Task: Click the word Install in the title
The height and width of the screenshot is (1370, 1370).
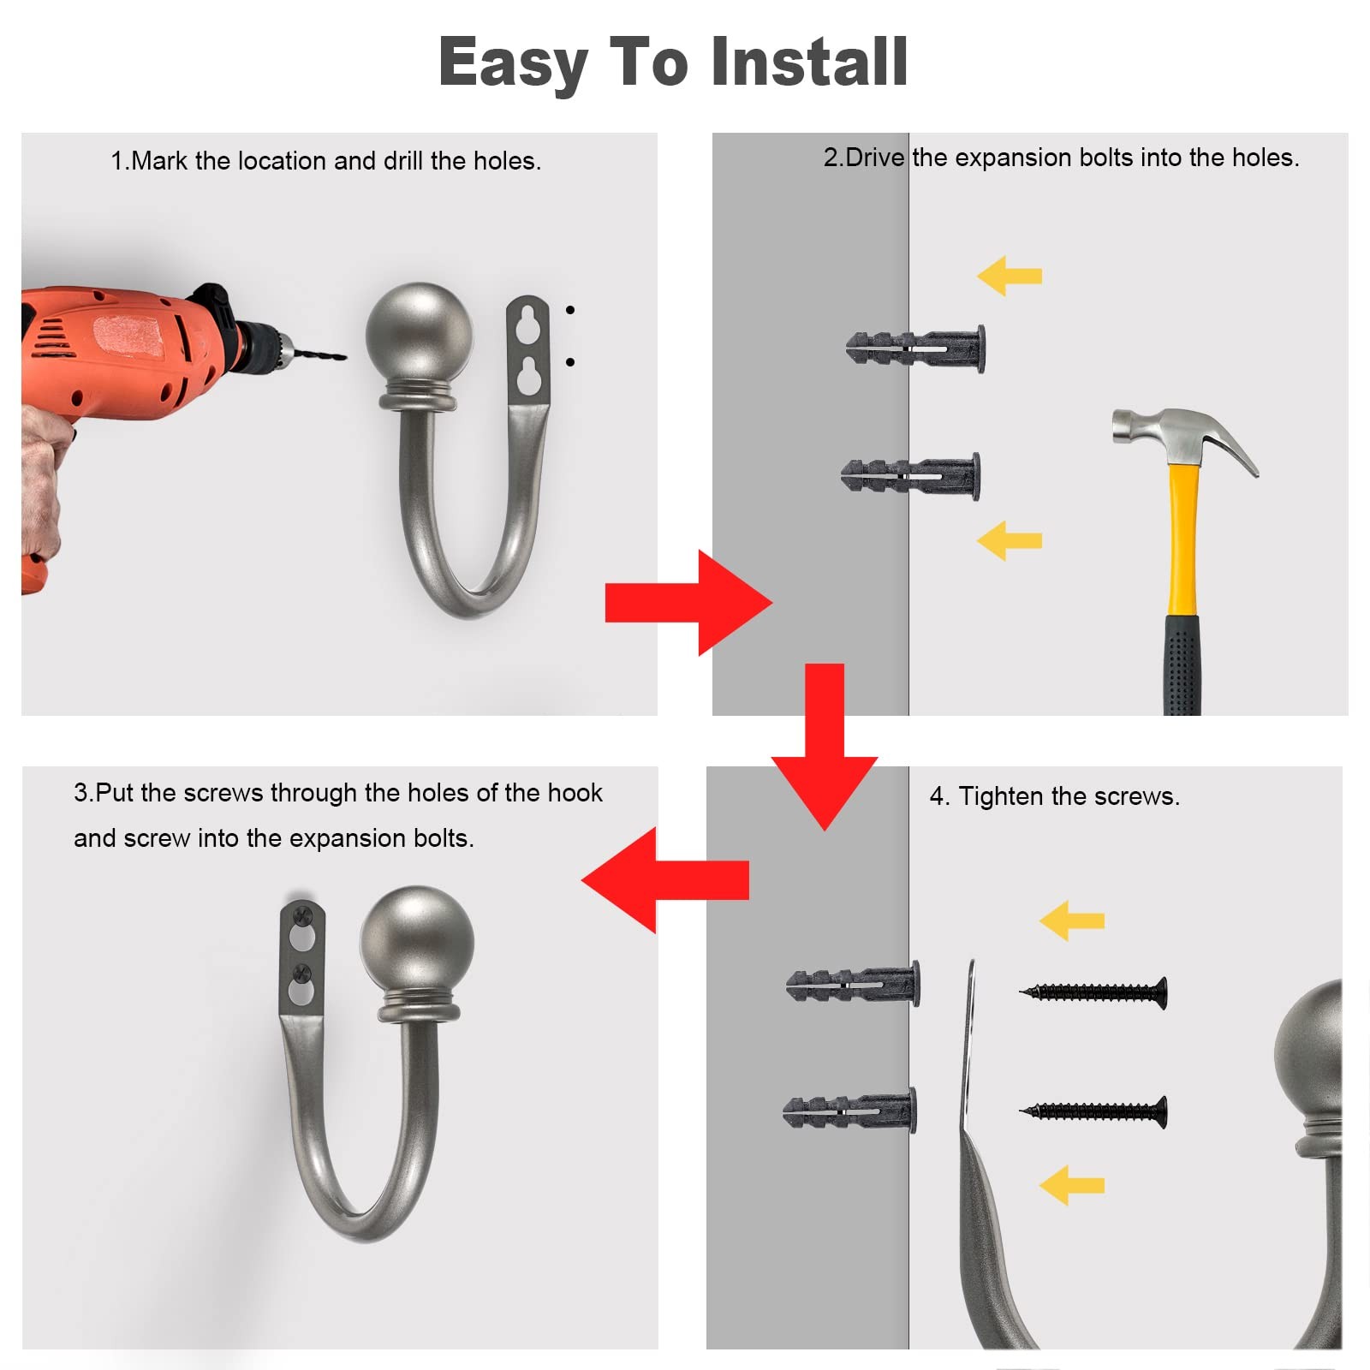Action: tap(809, 62)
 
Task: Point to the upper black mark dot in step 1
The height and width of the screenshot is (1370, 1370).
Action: tap(570, 310)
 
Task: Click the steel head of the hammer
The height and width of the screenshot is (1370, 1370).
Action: tap(1184, 435)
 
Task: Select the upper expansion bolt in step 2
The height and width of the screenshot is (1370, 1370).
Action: tap(915, 348)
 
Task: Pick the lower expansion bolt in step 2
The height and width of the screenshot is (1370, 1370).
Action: tap(910, 476)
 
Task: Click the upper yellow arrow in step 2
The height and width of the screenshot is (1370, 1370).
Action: tap(1010, 276)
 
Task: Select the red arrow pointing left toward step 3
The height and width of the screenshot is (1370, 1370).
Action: tap(665, 879)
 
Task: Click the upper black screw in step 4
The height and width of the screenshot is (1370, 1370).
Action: tap(1093, 993)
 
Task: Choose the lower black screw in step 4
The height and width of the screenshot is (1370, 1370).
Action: tap(1093, 1111)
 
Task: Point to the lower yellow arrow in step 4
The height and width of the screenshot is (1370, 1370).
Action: tap(1072, 1185)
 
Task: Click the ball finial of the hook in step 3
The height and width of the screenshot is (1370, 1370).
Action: tap(417, 940)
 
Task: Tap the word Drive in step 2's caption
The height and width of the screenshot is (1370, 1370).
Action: tap(875, 158)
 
